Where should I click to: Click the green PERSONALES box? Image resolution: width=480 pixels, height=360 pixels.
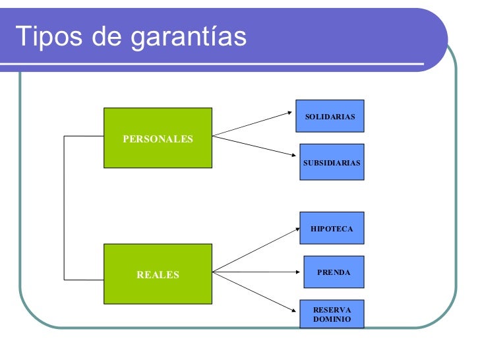point(158,138)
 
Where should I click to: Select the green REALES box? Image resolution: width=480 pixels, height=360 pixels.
point(158,274)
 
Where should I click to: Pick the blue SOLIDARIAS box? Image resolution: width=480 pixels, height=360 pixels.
point(330,117)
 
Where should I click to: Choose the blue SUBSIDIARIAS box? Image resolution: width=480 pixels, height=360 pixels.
point(332,162)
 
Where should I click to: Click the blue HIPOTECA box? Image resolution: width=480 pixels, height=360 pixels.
point(332,228)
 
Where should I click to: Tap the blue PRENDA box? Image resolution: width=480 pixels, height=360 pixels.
point(333,272)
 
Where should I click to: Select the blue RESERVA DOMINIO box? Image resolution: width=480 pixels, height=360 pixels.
point(332,315)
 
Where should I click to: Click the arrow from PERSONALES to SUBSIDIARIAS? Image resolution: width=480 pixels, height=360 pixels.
point(253,146)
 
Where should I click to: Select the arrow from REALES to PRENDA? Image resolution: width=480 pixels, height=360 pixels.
point(257,271)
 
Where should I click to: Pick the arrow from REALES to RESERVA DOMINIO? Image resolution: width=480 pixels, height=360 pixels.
point(255,291)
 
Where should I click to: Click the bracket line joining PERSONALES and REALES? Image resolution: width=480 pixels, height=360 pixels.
point(64,208)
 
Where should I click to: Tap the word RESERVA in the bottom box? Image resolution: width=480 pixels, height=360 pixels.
point(332,310)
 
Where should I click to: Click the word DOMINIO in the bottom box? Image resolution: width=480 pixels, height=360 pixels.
point(332,320)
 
